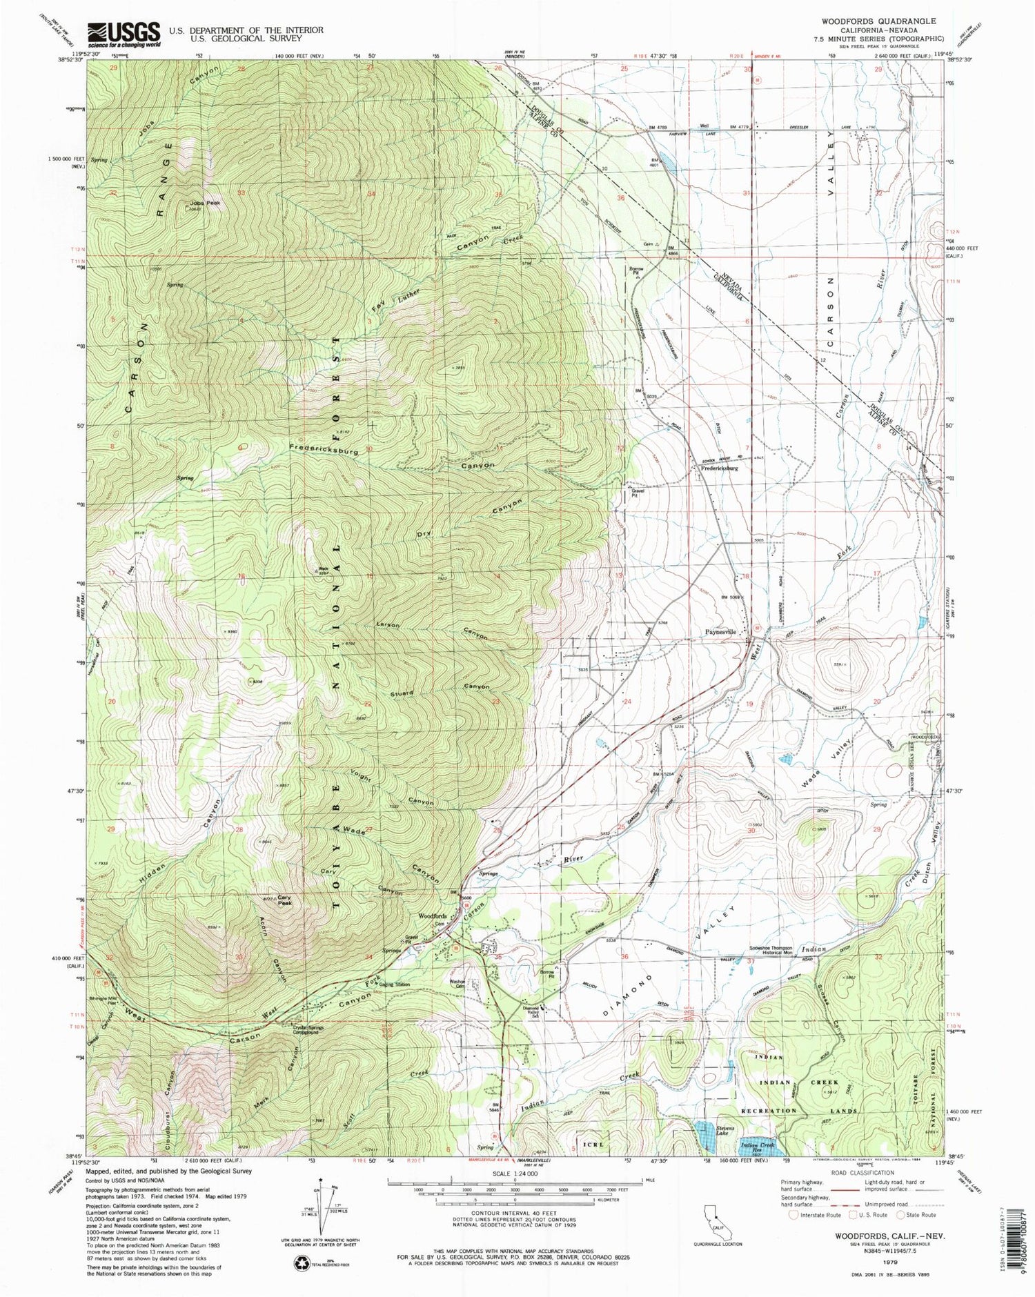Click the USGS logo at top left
click(x=123, y=34)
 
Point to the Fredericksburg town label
click(x=719, y=468)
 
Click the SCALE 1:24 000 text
click(x=515, y=1172)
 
